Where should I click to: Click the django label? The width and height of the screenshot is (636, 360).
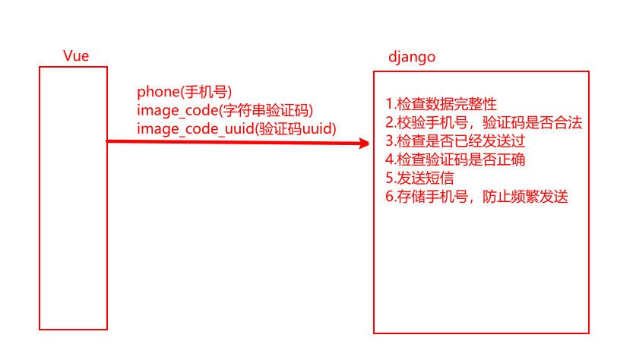[x=412, y=58]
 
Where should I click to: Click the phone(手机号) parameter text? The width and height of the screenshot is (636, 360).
[x=184, y=92]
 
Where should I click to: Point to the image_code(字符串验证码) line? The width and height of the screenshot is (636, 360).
[x=225, y=110]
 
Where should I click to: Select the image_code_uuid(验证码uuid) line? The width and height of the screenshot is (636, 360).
[x=236, y=128]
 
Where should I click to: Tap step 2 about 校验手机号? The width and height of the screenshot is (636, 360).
[x=483, y=123]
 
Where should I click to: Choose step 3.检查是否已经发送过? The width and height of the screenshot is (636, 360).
[x=455, y=141]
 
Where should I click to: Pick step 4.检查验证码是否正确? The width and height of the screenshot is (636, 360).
[x=455, y=159]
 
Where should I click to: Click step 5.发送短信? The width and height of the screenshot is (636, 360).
[x=422, y=178]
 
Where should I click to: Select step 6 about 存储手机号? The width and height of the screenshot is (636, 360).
[x=476, y=197]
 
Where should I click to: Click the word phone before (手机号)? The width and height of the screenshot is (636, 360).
[x=156, y=92]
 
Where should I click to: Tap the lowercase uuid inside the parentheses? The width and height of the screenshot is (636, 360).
[x=317, y=128]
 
